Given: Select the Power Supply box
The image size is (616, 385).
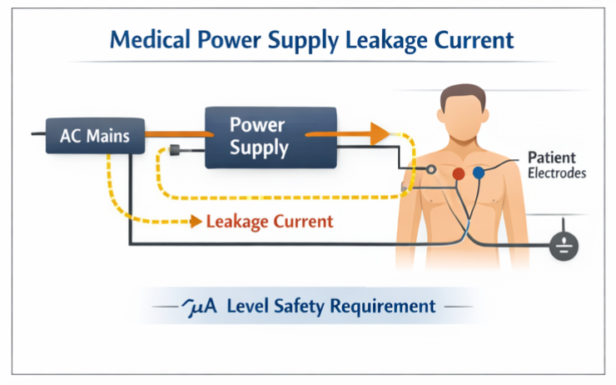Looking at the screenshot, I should pos(259,137).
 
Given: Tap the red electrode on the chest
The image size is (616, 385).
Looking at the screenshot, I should pos(457,173).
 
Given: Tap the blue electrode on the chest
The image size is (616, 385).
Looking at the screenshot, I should pos(479,173).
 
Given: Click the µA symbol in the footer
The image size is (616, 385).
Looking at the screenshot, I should pos(201,306).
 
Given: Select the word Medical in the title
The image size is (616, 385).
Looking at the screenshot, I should pos(147,39).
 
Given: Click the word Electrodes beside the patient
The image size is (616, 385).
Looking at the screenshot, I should pos(557,174).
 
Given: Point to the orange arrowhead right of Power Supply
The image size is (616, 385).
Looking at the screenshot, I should pos(379,132).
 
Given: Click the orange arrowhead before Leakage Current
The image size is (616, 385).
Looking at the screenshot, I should pos(194,222).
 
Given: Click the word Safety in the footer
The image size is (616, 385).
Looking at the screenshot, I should pos(302,306).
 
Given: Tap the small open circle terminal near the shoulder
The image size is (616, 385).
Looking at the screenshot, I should pos(431,170).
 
